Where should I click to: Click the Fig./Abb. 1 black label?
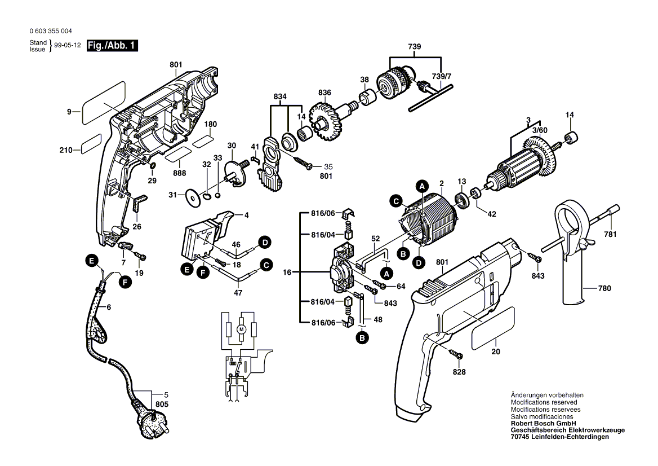pos(112,46)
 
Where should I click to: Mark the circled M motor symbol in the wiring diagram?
pos(241,328)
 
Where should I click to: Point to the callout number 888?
pos(180,173)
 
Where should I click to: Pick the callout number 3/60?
pos(540,130)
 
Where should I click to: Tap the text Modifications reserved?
pos(544,402)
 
